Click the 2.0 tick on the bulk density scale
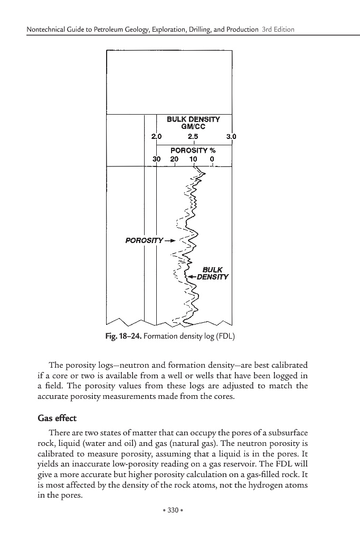[x=156, y=137]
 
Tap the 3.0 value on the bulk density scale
[x=231, y=137]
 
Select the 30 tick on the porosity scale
[x=156, y=158]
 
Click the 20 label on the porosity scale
[x=174, y=158]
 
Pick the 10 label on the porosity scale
[x=194, y=158]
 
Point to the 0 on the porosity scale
[x=212, y=158]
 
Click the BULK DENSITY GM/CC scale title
[x=193, y=123]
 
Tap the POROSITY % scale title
[x=193, y=150]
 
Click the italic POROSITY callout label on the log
[x=144, y=241]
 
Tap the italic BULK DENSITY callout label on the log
[x=213, y=273]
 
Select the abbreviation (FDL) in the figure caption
[x=225, y=336]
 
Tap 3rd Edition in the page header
[x=278, y=29]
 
